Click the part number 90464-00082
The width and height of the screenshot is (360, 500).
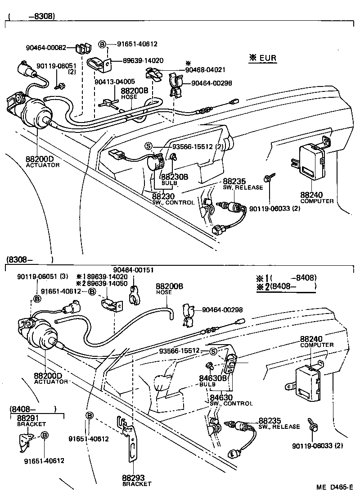coord(46,47)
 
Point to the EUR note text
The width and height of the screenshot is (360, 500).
coord(263,58)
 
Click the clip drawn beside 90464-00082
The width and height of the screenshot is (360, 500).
coord(81,47)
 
